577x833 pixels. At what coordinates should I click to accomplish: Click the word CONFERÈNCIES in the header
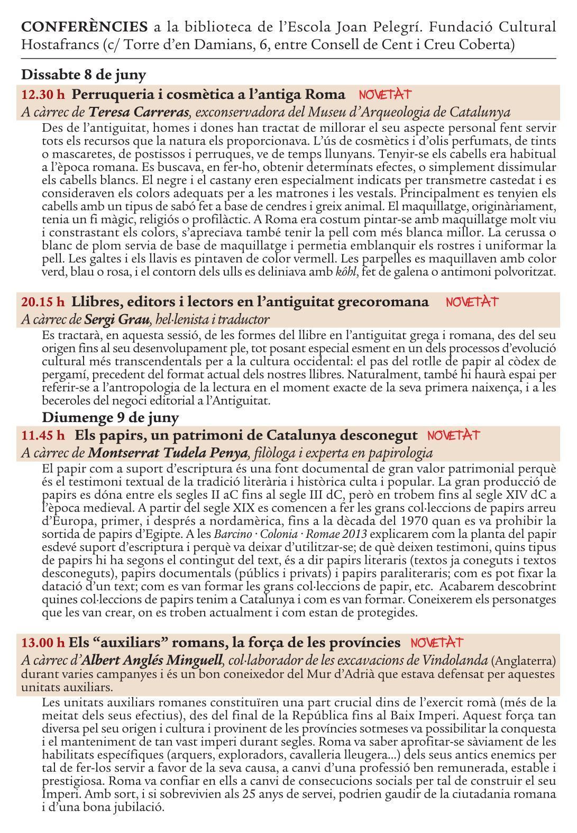coord(85,26)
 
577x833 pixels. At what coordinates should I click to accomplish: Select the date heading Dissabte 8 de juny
coord(84,74)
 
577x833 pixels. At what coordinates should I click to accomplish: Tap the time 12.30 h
coord(43,95)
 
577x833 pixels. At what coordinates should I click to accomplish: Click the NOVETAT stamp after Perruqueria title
coord(385,95)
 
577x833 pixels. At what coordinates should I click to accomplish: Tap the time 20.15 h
coord(43,302)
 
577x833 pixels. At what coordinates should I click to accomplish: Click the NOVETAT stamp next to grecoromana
coord(472,302)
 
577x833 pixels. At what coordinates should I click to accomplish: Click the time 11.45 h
coord(43,435)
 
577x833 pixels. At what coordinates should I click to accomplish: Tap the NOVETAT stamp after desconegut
coord(453,435)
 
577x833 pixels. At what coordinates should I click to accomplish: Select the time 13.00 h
coord(43,643)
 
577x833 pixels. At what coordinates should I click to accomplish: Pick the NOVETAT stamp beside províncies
coord(436,643)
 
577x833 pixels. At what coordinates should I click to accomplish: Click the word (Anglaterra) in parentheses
coord(523,661)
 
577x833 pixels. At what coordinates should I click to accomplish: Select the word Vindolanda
coord(457,660)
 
